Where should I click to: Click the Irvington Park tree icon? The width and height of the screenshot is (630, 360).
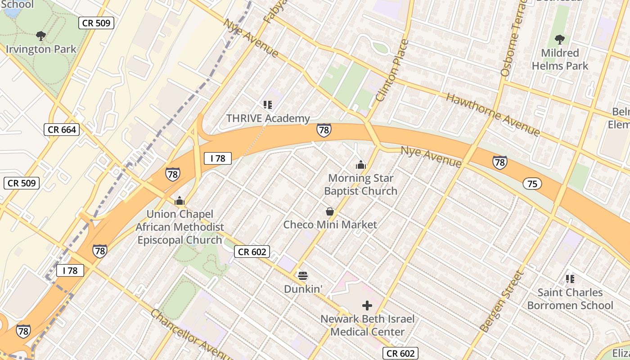(41, 36)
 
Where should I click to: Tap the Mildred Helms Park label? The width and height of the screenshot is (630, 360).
(560, 59)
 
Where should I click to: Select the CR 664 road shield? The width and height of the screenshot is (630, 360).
(63, 130)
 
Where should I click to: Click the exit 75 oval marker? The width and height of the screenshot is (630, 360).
(532, 183)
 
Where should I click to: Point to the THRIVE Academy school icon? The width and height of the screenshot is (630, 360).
(268, 105)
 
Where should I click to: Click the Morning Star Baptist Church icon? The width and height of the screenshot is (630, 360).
(360, 165)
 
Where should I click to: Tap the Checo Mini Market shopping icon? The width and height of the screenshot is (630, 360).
(330, 211)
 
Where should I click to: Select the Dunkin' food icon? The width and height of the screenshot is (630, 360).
(303, 275)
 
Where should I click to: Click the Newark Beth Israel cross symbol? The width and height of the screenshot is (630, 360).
(367, 306)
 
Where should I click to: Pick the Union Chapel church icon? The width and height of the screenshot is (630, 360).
(180, 201)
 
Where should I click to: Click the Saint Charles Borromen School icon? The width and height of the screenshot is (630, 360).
(570, 279)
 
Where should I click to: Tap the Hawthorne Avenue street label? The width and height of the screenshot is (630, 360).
(492, 114)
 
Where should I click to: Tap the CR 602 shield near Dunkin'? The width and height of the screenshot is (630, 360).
(252, 252)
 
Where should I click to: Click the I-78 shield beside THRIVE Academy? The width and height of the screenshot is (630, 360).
(324, 130)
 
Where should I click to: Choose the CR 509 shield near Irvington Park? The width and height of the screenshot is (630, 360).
(96, 22)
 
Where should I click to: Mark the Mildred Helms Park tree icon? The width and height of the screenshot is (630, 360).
(560, 39)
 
